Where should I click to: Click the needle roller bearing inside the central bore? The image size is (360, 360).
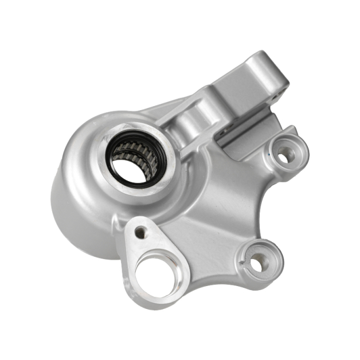coord(127,150)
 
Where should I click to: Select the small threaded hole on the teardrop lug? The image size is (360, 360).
coord(141,233)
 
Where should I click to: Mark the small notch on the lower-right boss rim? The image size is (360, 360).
coord(245,264)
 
